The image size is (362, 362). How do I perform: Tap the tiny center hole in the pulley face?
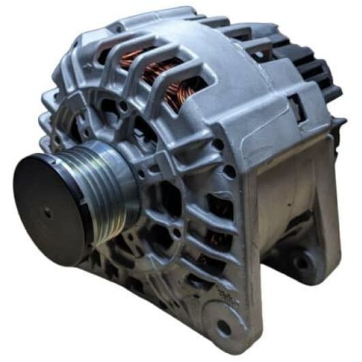pos(48,212)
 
